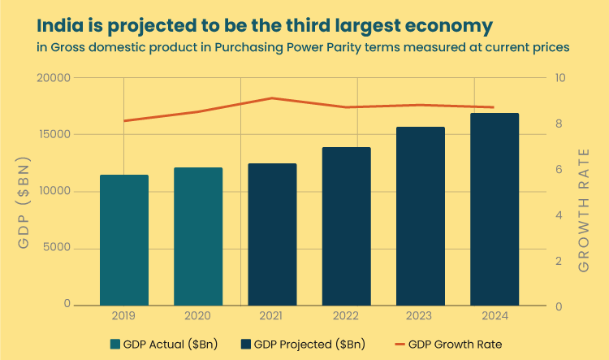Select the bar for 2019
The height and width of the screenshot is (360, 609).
tap(123, 240)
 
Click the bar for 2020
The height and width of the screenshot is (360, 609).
tap(198, 236)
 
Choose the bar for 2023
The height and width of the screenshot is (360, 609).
tap(421, 216)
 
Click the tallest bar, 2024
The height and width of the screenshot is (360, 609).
tap(495, 209)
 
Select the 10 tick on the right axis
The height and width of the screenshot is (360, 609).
tap(561, 78)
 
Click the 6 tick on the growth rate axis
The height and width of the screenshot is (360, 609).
tap(559, 170)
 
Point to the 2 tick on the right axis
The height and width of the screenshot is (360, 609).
tap(559, 261)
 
